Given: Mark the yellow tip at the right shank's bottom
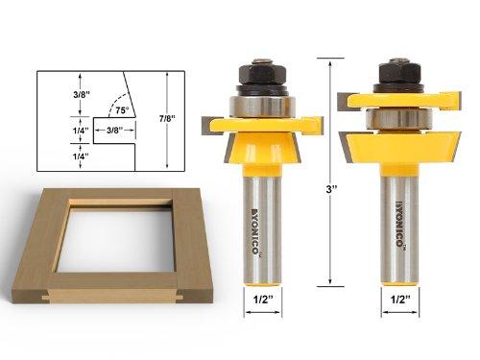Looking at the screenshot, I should [396, 289].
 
